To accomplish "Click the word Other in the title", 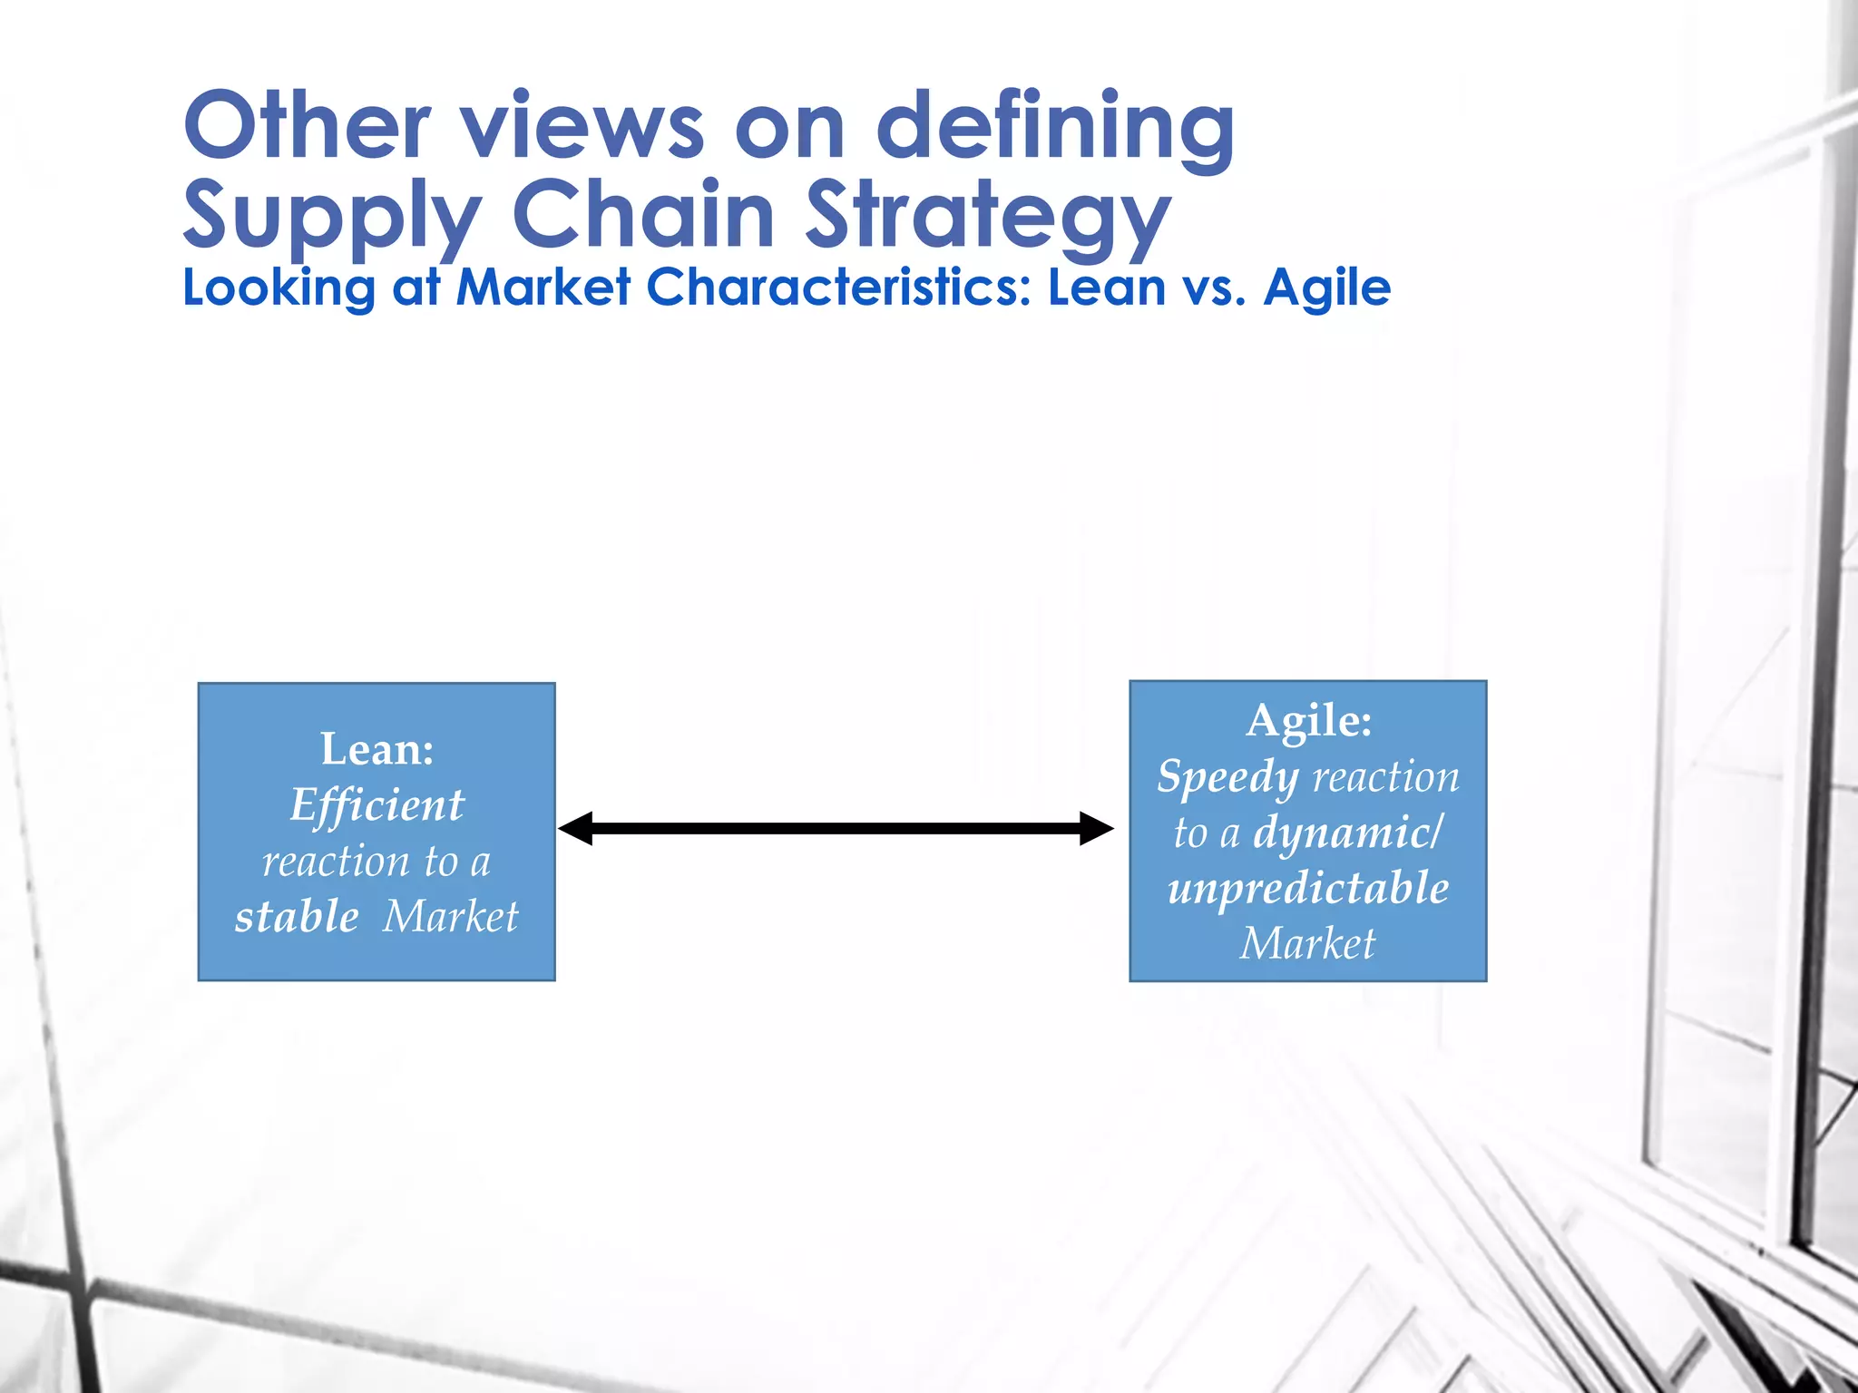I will coord(307,126).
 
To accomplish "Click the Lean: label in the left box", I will coord(377,749).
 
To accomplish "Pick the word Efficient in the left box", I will coord(377,805).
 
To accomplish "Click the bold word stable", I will coord(297,916).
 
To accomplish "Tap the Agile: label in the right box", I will coord(1308,721).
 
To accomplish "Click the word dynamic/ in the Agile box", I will coord(1346,833).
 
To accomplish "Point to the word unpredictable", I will coord(1308,889).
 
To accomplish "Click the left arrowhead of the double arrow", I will coord(576,828).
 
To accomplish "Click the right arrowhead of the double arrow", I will coord(1096,828).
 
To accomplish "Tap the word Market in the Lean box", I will coord(450,916).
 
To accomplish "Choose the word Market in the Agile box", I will coord(1307,944).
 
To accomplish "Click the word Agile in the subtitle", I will coord(1326,289).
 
